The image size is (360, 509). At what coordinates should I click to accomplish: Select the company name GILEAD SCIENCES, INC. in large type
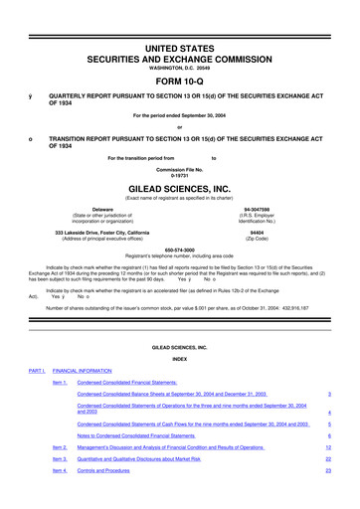pyautogui.click(x=179, y=186)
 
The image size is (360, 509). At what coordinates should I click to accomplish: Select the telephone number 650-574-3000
pyautogui.click(x=179, y=249)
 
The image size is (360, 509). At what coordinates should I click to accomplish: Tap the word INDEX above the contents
pyautogui.click(x=179, y=359)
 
